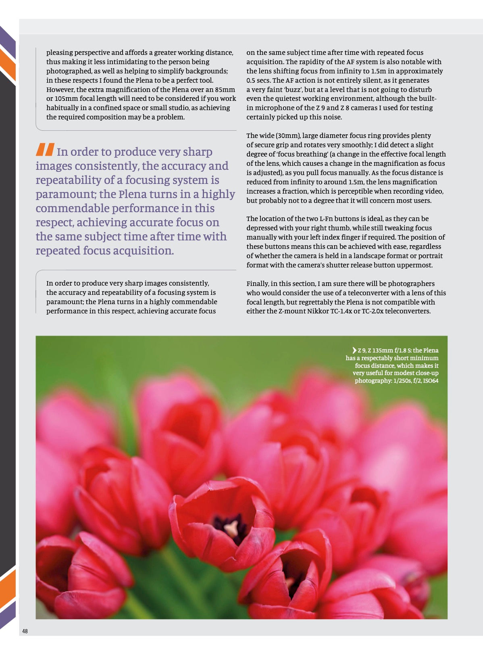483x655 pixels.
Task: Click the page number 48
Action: coord(25,631)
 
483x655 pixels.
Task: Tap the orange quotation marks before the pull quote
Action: coord(45,150)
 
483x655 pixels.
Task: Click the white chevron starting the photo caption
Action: coord(354,350)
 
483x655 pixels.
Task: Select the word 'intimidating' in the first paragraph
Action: coord(126,62)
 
